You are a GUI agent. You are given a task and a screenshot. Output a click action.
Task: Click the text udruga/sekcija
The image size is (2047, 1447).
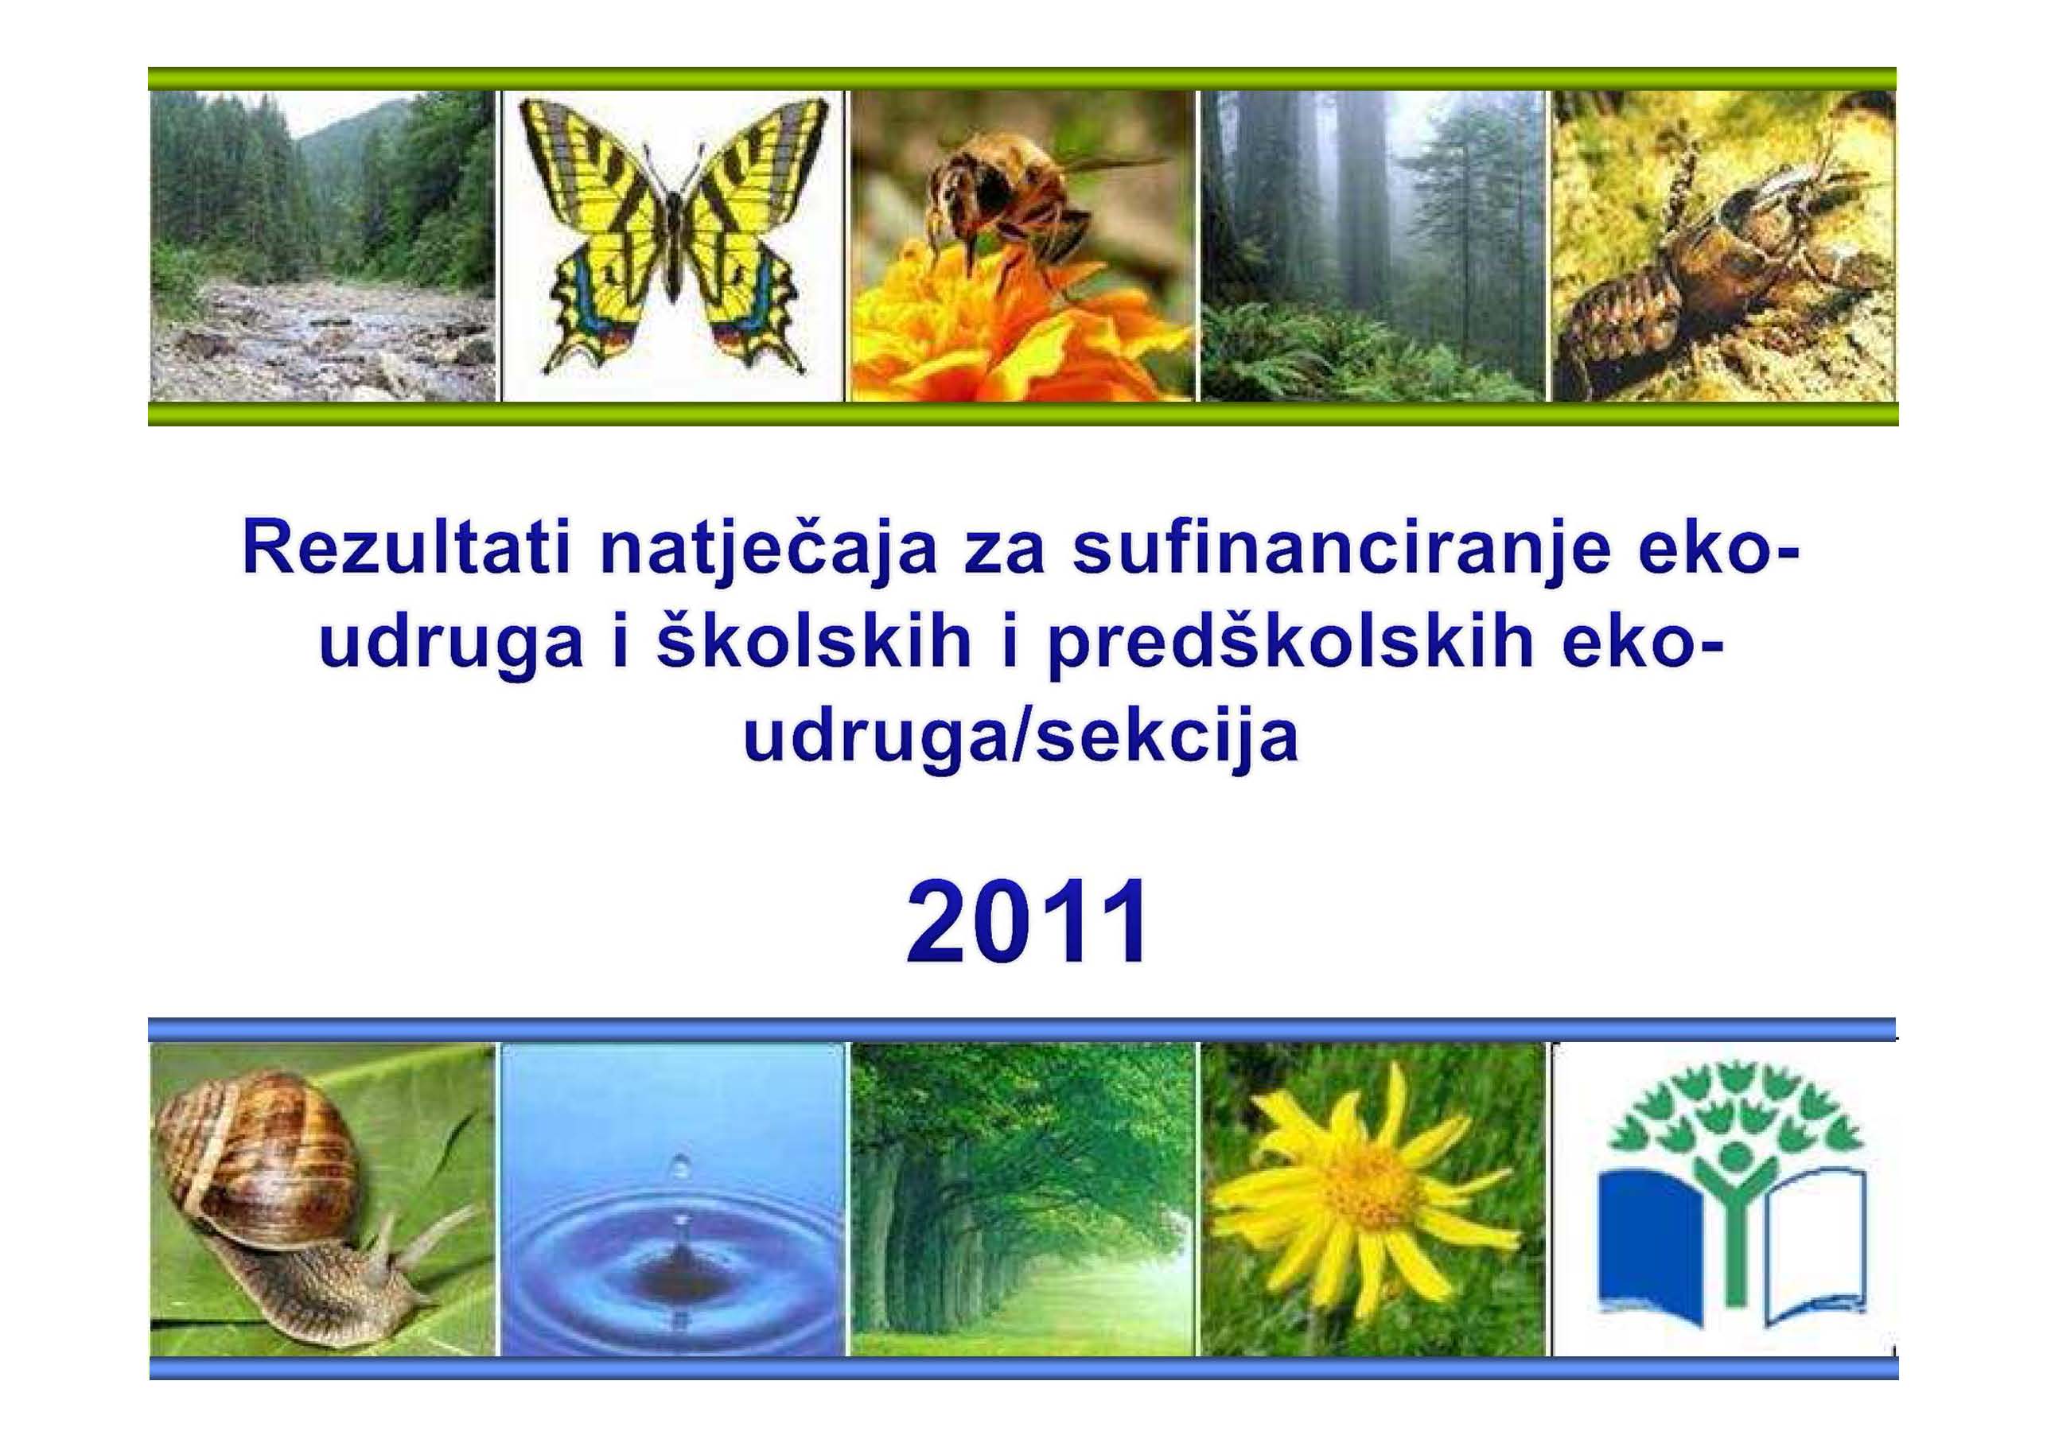coord(1022,740)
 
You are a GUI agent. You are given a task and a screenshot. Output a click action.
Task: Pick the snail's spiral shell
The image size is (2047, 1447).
coord(259,1150)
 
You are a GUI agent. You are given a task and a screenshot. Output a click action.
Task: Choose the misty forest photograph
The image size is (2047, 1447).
coord(1372,245)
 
